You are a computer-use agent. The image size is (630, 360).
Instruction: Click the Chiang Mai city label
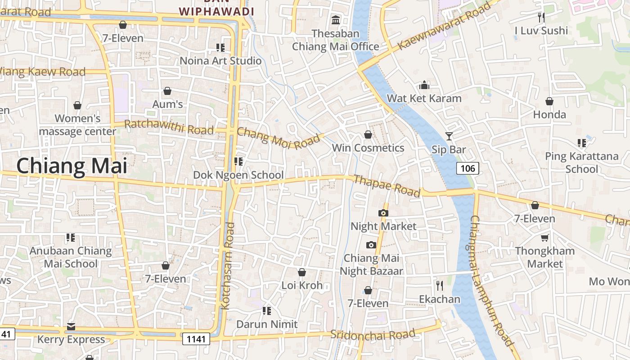pos(72,166)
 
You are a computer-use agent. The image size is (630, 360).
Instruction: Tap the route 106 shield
pos(468,168)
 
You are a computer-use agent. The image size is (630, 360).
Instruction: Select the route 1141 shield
pos(196,338)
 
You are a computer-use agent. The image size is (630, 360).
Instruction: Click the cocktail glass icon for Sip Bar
pos(449,136)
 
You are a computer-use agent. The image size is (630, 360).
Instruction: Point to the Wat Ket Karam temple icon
pos(424,85)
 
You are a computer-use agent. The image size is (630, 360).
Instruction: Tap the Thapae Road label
pos(387,186)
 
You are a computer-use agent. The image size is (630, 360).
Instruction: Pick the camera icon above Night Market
pos(383,213)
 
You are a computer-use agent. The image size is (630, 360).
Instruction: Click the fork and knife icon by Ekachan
pos(440,285)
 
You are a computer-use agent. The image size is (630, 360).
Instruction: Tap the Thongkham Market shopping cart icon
pos(545,238)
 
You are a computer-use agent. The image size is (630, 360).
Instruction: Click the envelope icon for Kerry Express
pos(71,326)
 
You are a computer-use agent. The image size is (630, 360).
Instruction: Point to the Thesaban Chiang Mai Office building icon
pos(336,20)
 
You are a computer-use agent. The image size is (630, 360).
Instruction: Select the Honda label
pos(549,114)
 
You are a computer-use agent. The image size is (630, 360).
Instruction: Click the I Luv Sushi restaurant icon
pos(541,18)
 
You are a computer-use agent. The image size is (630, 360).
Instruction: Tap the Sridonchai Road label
pos(373,335)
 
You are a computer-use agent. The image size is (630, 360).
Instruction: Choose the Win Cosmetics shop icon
pos(368,135)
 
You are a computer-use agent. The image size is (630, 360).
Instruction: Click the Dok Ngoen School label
pos(238,175)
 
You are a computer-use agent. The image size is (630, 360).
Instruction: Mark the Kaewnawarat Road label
pos(444,26)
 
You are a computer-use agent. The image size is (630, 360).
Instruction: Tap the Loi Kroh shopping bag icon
pos(302,272)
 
